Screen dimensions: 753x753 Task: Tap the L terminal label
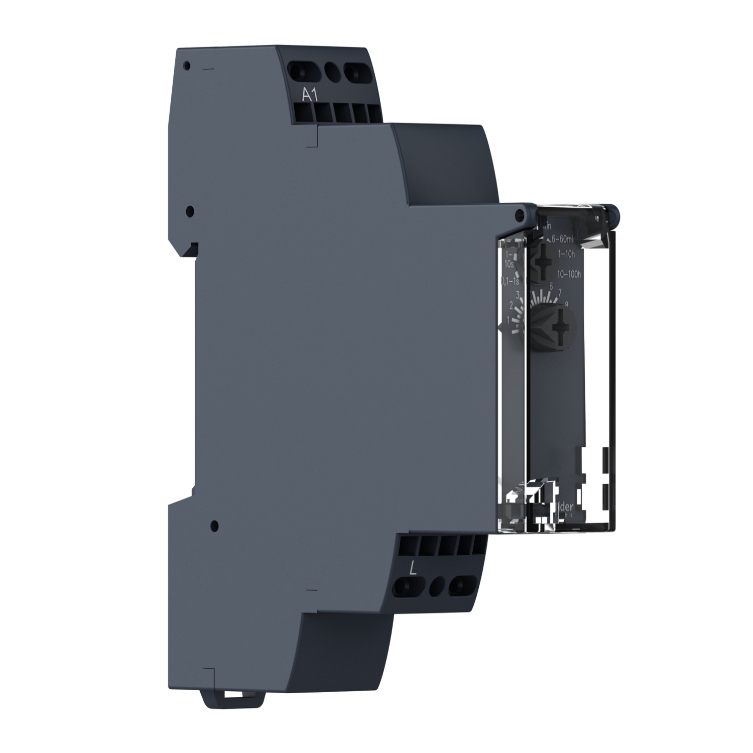[413, 568]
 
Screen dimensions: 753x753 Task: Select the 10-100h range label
[569, 274]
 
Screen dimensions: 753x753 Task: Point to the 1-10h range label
[565, 254]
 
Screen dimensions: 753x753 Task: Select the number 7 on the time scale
[560, 292]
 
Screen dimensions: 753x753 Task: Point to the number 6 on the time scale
[551, 286]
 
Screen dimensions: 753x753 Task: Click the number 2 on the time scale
[511, 305]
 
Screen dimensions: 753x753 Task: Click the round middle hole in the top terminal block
[331, 70]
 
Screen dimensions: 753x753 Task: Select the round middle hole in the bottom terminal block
[436, 586]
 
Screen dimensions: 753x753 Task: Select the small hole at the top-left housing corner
[187, 66]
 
